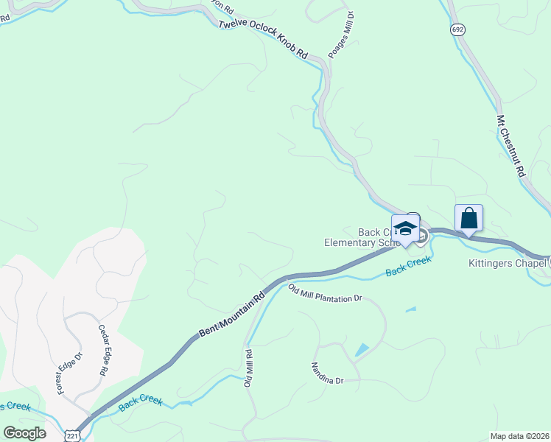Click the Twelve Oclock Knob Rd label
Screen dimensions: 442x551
click(x=262, y=38)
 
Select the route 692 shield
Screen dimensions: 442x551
click(x=457, y=29)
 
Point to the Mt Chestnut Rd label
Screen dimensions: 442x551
click(x=510, y=146)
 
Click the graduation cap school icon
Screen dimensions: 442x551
click(x=405, y=228)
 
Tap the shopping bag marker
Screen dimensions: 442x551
click(x=468, y=218)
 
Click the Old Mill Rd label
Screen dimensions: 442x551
click(x=249, y=367)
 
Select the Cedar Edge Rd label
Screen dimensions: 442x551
click(x=102, y=351)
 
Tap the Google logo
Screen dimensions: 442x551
click(x=24, y=433)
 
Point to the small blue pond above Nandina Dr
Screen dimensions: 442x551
click(x=362, y=350)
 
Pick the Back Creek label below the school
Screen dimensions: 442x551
click(x=407, y=271)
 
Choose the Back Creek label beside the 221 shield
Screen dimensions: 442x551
click(x=140, y=401)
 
